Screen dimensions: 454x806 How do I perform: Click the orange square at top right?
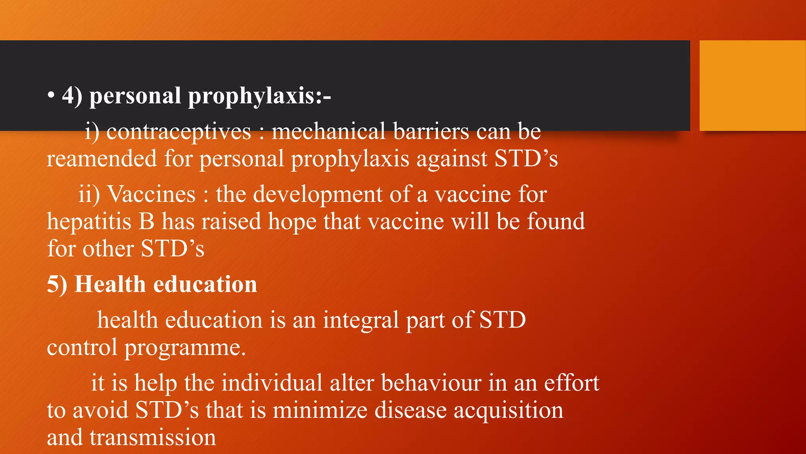tap(752, 86)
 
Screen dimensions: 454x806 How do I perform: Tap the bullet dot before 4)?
tap(51, 96)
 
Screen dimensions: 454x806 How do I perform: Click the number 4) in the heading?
tap(72, 96)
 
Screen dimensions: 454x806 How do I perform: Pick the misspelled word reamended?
tap(102, 159)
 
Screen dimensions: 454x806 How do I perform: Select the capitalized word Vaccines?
tap(152, 194)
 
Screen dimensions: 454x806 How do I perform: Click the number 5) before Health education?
tap(57, 284)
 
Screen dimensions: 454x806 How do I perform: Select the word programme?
tap(185, 348)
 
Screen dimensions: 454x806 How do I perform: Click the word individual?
tap(272, 383)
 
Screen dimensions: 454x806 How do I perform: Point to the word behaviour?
tap(431, 383)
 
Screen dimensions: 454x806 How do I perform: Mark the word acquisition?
tap(508, 410)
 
